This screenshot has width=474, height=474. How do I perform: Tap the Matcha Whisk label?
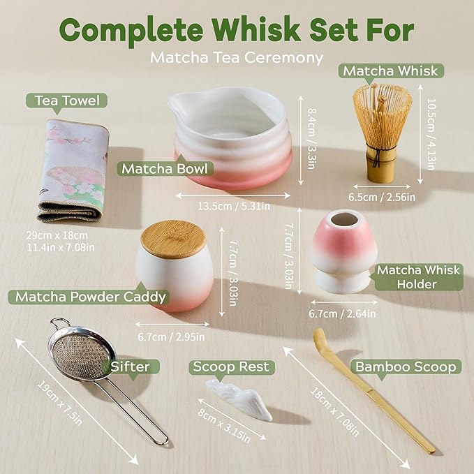(x=390, y=71)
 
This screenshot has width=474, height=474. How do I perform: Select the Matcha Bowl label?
(x=166, y=168)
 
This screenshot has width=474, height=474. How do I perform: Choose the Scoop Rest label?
(x=231, y=366)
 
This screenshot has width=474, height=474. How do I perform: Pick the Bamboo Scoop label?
(x=406, y=366)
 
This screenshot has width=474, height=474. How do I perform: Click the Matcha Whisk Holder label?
(x=406, y=276)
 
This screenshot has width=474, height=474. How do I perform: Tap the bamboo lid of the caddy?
(x=173, y=238)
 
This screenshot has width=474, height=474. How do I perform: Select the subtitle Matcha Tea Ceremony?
(x=237, y=57)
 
